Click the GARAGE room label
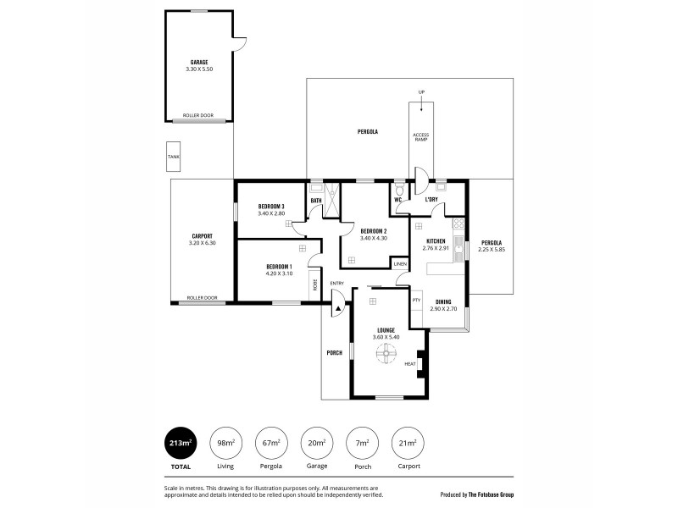(199, 62)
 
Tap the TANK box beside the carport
(173, 157)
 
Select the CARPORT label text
(202, 236)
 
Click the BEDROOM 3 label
(271, 207)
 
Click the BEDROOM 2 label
(373, 231)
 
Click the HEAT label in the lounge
(410, 364)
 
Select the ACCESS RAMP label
(421, 136)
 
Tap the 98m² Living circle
(226, 443)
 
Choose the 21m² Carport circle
(407, 443)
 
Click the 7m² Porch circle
(362, 443)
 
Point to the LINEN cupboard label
(401, 264)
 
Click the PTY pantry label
(416, 300)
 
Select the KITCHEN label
(436, 241)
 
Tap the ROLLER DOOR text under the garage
(199, 115)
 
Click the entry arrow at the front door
(337, 309)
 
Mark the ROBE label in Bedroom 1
(314, 285)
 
